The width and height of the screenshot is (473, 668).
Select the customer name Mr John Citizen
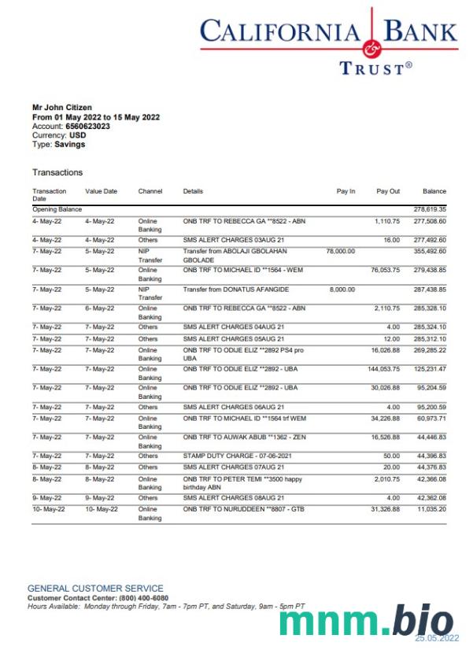[62, 107]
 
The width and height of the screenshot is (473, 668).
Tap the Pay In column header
[346, 191]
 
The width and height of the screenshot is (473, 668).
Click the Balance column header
[434, 191]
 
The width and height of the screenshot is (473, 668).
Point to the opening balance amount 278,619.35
[430, 209]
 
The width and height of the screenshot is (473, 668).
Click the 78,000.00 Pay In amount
[340, 251]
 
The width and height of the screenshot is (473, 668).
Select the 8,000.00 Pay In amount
[342, 290]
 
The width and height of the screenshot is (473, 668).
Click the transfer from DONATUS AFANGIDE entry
[236, 290]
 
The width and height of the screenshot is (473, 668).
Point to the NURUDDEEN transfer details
[244, 509]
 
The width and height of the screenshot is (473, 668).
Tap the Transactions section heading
[57, 172]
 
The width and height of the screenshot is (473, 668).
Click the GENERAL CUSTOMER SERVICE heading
[95, 589]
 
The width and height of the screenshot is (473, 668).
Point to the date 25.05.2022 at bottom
[437, 638]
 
